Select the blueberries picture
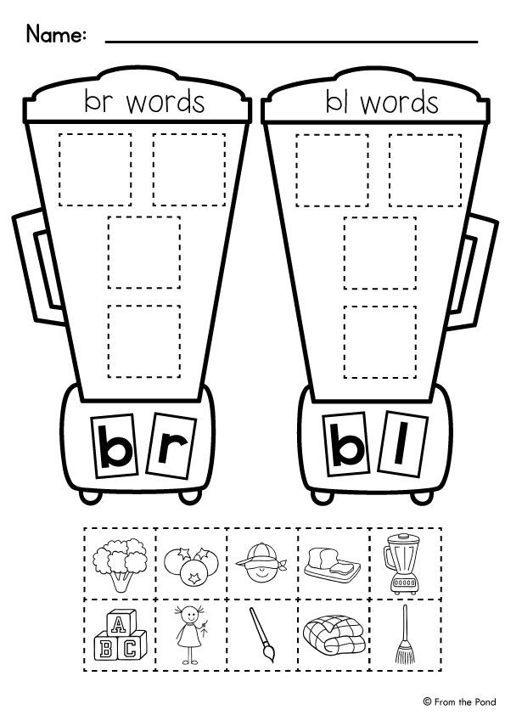191,566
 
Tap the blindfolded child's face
261,562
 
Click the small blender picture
402,564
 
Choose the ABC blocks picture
121,635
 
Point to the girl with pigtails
190,634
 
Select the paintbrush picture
262,634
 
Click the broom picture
405,634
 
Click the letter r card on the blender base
171,446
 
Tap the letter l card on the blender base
402,443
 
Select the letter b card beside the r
115,446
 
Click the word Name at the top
56,34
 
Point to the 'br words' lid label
144,101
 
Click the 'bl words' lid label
382,102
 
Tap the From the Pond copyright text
459,701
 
